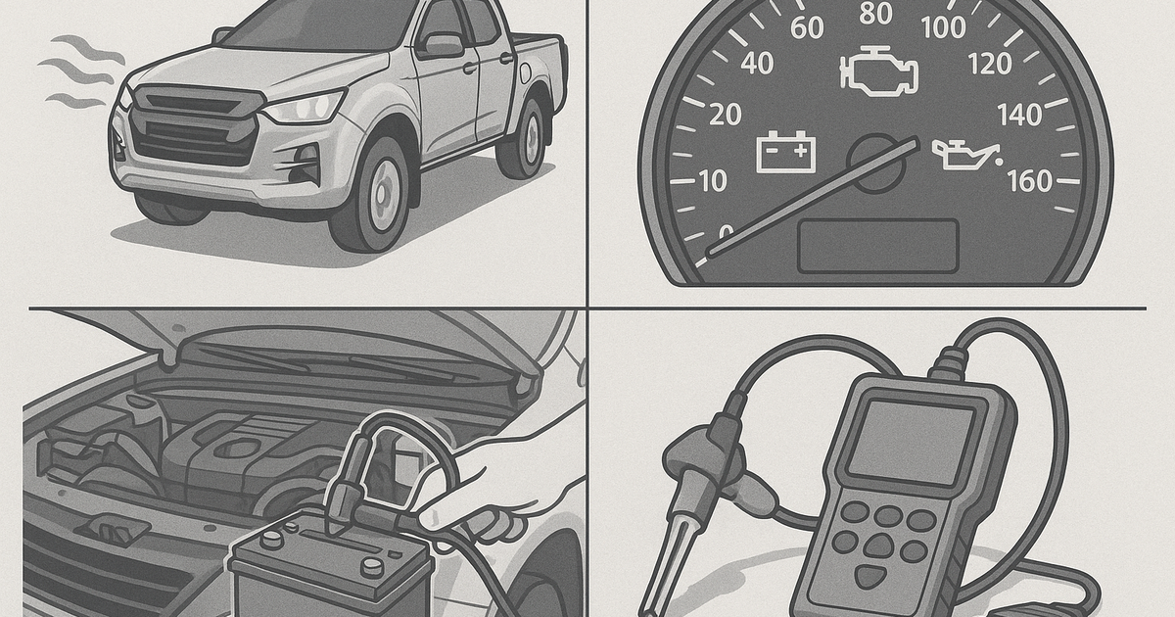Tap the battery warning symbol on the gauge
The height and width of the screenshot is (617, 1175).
pos(786,154)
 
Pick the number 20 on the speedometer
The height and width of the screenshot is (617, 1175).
pos(724,116)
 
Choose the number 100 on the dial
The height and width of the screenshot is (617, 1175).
pos(943,27)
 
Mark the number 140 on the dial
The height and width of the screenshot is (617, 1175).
pos(1019,116)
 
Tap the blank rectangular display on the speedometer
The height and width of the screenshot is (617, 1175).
pos(877,246)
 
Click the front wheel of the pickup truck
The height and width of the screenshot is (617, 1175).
pos(370,195)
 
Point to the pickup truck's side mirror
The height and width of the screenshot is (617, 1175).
pos(440,44)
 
